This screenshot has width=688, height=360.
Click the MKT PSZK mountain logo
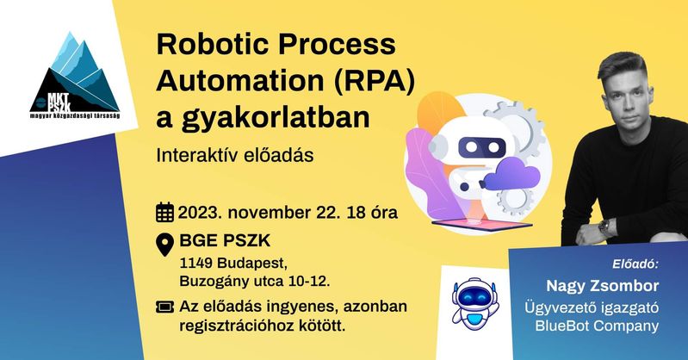(x=75, y=76)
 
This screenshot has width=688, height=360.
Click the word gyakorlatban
(x=276, y=119)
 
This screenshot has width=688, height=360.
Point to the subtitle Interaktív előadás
(x=235, y=155)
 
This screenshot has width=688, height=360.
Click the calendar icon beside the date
(x=165, y=213)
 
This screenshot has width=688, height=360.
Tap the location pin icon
(x=165, y=245)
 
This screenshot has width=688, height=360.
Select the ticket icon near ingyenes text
(x=165, y=307)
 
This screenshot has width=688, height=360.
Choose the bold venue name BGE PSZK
(x=225, y=240)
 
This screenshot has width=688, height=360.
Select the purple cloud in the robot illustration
(x=511, y=174)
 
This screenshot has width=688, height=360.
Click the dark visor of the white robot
(x=482, y=147)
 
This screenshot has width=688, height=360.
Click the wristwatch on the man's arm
(x=604, y=227)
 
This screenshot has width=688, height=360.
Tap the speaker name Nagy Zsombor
(x=603, y=286)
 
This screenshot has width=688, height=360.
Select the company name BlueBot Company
(x=597, y=326)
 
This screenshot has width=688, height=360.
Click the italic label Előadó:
(x=635, y=264)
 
